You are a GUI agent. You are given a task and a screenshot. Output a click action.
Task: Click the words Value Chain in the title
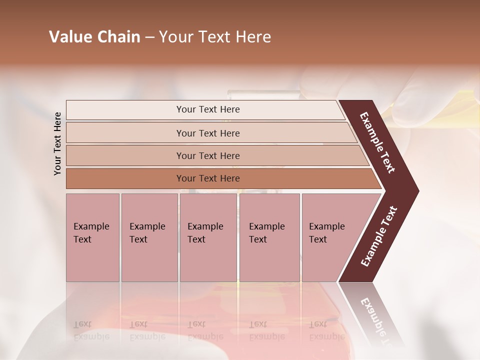94,37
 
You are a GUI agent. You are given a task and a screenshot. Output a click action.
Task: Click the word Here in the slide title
252,37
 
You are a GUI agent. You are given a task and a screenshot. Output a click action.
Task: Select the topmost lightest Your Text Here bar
207,109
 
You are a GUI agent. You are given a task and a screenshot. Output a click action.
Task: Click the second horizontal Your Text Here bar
207,133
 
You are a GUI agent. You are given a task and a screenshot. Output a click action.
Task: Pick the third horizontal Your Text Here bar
207,155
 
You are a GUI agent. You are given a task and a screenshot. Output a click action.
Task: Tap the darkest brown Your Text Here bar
207,178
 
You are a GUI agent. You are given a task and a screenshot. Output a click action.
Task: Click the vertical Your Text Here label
57,143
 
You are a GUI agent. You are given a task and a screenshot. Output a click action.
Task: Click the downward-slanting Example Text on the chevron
377,142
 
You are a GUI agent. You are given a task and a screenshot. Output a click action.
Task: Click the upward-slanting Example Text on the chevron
378,236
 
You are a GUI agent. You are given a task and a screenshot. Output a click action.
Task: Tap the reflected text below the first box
91,330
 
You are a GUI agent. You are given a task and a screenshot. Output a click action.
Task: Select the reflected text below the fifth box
327,330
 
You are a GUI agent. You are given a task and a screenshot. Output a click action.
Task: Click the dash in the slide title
149,37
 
